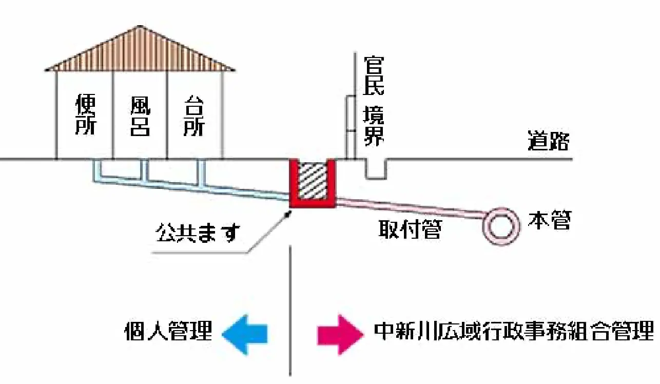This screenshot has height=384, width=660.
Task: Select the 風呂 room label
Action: [139, 116]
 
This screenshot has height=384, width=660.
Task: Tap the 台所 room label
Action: [194, 116]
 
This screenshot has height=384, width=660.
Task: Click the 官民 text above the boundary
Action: [374, 75]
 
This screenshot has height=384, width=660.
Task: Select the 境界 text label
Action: [374, 126]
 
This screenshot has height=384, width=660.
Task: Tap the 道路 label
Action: [549, 141]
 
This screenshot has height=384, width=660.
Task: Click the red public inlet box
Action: [313, 203]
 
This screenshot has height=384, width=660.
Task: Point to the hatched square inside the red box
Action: [313, 180]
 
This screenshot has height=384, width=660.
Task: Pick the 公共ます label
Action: [198, 234]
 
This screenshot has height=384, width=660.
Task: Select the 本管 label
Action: [549, 222]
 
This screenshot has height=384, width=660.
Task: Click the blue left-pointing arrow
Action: [245, 334]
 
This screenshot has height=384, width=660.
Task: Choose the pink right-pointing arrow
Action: [337, 334]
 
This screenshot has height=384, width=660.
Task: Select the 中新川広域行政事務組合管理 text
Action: [514, 332]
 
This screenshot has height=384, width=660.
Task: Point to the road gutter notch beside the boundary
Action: [376, 169]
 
